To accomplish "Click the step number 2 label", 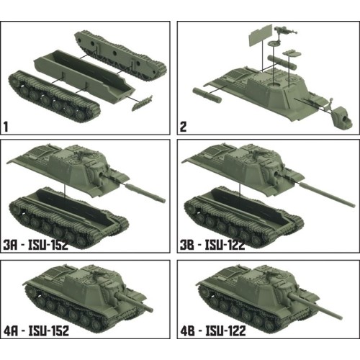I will click(184, 127).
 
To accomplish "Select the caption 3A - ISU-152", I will click(44, 245).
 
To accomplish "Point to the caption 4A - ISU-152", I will click(44, 330).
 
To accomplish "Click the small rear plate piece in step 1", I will click(143, 102).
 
